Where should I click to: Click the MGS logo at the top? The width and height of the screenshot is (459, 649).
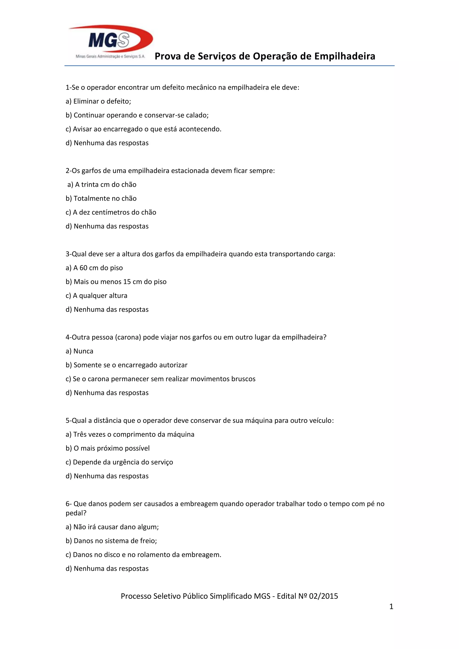110,42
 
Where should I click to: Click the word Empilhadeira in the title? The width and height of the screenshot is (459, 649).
345,56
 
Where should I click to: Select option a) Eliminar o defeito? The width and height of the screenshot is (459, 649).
98,101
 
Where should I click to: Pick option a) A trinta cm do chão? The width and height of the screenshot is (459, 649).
102,185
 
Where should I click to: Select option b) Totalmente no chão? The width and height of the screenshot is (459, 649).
101,198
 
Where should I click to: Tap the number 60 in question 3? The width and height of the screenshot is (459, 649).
83,268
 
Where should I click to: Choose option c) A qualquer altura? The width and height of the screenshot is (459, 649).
96,295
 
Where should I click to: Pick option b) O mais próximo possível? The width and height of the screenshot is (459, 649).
108,448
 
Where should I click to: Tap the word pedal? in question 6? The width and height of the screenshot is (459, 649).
76,513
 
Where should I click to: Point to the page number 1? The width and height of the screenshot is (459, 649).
391,606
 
